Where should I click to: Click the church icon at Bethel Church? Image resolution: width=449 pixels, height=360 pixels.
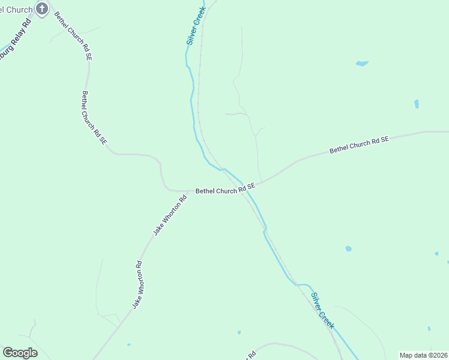tap(41, 8)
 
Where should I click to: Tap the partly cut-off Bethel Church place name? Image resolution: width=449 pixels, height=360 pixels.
tap(16, 9)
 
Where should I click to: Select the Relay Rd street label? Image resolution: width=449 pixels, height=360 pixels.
tap(15, 41)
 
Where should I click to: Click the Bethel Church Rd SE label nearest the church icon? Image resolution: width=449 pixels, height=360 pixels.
tap(73, 35)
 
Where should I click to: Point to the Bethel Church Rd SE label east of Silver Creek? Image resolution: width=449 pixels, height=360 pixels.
tap(359, 145)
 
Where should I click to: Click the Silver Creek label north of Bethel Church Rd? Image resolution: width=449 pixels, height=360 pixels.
tap(196, 26)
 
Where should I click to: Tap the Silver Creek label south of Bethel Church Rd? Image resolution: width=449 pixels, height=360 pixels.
tap(322, 310)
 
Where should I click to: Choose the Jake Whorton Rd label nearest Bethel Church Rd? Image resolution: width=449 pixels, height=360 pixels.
tap(170, 214)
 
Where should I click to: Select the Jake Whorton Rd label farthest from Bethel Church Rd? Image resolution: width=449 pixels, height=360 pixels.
tap(137, 285)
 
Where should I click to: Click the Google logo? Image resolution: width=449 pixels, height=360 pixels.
tap(20, 352)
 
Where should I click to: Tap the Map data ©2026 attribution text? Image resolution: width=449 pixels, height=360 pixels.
tap(423, 355)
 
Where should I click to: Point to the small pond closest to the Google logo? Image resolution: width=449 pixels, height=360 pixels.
tap(129, 344)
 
